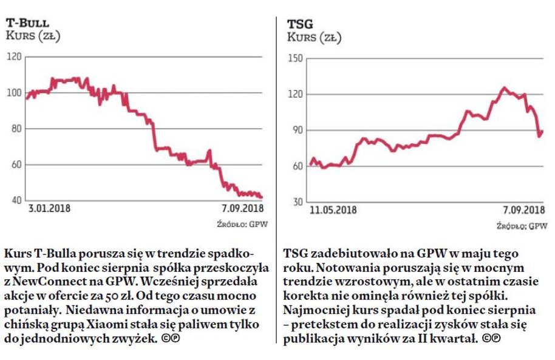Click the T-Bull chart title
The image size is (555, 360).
click(x=29, y=22)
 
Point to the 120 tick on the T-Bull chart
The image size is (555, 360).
click(x=14, y=57)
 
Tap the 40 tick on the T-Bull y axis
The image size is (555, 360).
click(x=15, y=200)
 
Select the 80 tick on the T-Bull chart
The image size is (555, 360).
click(x=15, y=129)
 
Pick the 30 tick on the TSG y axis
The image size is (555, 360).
click(x=296, y=202)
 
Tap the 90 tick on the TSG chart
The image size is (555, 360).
click(x=296, y=130)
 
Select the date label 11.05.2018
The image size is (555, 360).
click(x=333, y=211)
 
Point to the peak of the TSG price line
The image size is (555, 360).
click(x=503, y=88)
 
